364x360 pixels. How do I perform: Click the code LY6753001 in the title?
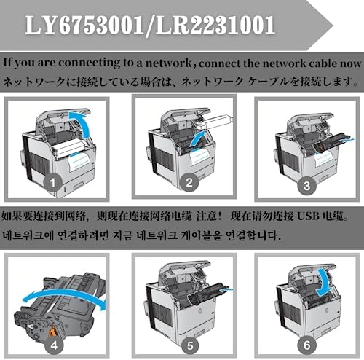[84, 25]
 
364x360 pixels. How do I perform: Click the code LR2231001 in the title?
[215, 25]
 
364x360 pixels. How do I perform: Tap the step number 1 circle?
[53, 183]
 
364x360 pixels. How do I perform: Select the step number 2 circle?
[189, 183]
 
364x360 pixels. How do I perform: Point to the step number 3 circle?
[307, 186]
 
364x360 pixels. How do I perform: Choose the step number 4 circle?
[54, 345]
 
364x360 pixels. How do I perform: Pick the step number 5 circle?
[190, 345]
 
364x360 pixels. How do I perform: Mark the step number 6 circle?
[307, 345]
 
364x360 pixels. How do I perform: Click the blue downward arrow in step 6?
[324, 283]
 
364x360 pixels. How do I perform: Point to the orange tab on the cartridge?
[52, 332]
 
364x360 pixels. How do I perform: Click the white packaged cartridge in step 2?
[215, 122]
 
